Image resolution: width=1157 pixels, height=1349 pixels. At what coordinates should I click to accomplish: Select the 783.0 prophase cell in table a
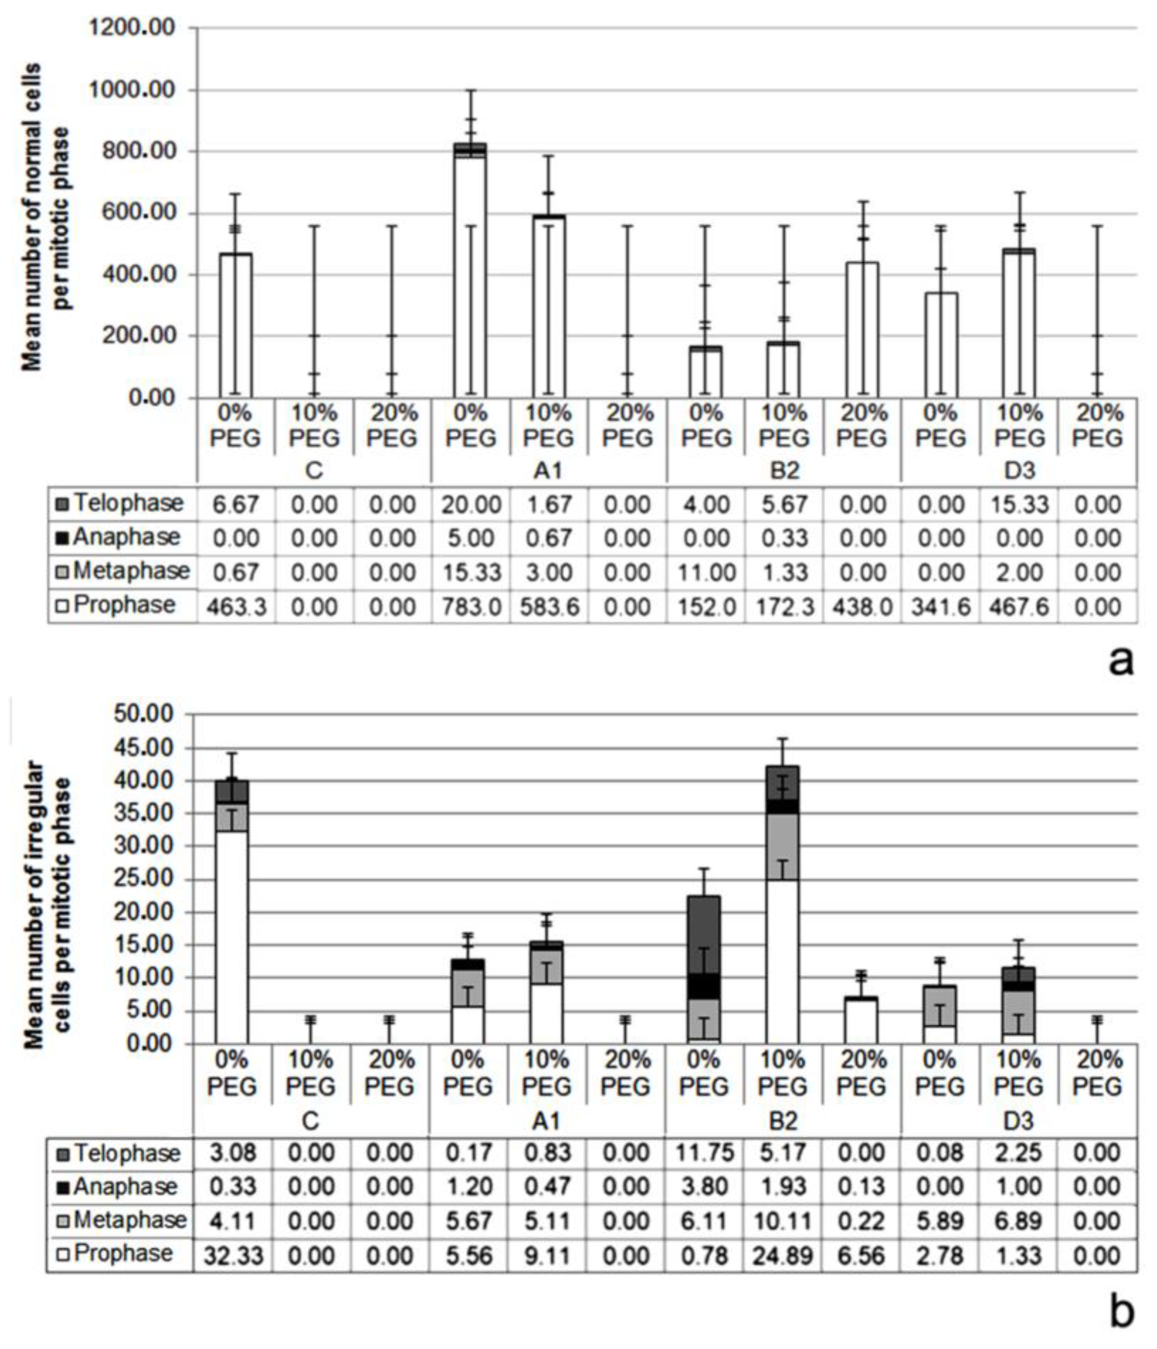[470, 607]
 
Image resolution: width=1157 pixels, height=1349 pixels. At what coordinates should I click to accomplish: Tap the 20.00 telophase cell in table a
[470, 504]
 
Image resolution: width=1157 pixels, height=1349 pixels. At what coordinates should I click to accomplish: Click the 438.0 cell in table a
[862, 607]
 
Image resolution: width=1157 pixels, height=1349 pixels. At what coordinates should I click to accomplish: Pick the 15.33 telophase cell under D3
[1019, 504]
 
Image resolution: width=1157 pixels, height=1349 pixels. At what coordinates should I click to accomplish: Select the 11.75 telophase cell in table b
[704, 1153]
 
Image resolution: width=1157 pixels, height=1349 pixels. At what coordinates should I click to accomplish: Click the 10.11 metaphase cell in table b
[783, 1221]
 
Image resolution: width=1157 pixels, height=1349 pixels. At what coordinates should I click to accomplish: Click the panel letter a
[1120, 661]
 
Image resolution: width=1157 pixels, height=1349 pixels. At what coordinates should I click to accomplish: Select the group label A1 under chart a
[548, 470]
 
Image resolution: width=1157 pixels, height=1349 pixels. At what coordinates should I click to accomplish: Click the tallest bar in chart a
[470, 274]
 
